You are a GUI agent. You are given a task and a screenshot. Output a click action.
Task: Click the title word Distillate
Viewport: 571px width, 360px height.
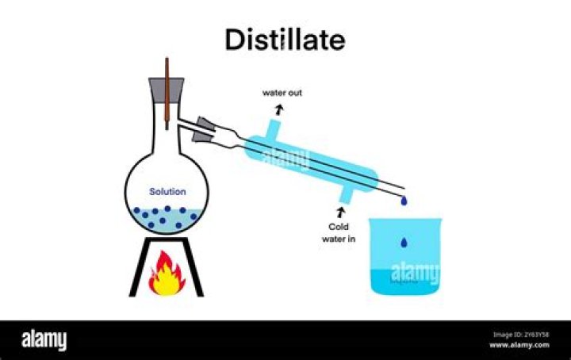(285, 40)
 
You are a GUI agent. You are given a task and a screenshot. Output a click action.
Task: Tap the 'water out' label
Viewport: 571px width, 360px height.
(282, 93)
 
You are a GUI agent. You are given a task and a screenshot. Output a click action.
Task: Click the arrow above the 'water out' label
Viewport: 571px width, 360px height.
(278, 106)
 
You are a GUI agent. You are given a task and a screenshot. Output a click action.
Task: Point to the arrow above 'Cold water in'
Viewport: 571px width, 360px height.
(342, 212)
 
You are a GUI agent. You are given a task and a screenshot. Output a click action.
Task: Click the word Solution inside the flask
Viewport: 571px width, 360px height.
(167, 192)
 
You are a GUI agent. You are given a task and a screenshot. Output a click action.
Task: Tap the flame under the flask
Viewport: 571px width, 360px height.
(167, 274)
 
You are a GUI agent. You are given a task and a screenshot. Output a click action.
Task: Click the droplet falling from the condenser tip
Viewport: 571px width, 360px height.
(404, 201)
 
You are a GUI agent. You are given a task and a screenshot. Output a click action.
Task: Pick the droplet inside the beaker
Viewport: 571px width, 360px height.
(404, 242)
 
